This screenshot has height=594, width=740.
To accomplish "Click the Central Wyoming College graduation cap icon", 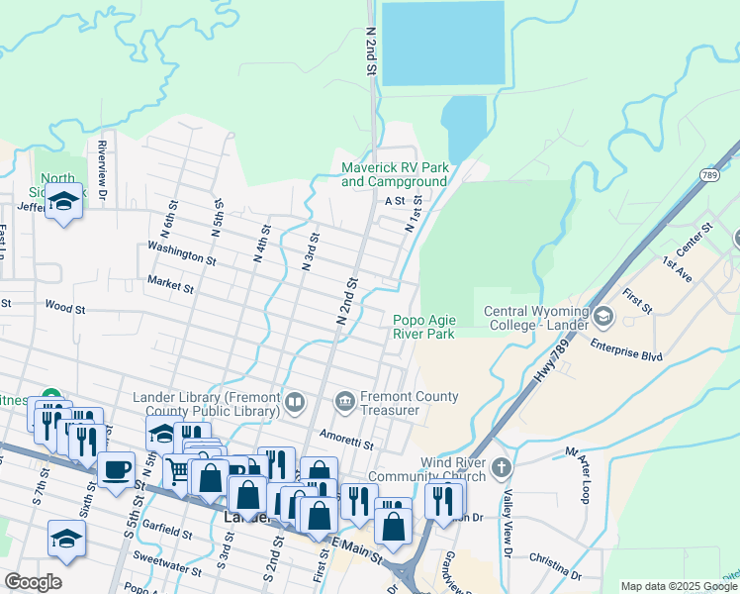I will (603, 317).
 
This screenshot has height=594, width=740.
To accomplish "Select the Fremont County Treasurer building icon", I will (344, 401).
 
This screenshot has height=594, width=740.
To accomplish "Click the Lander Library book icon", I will (295, 402).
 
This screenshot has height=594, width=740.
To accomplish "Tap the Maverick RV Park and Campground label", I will (395, 175).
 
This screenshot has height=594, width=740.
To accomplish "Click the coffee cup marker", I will (116, 466).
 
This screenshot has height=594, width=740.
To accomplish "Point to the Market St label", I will (170, 284).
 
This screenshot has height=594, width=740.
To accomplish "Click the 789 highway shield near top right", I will (708, 175).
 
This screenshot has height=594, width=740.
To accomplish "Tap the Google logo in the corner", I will (34, 582).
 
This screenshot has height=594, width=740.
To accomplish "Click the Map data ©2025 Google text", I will (680, 586).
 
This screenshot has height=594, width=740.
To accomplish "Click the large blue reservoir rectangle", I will (442, 43).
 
